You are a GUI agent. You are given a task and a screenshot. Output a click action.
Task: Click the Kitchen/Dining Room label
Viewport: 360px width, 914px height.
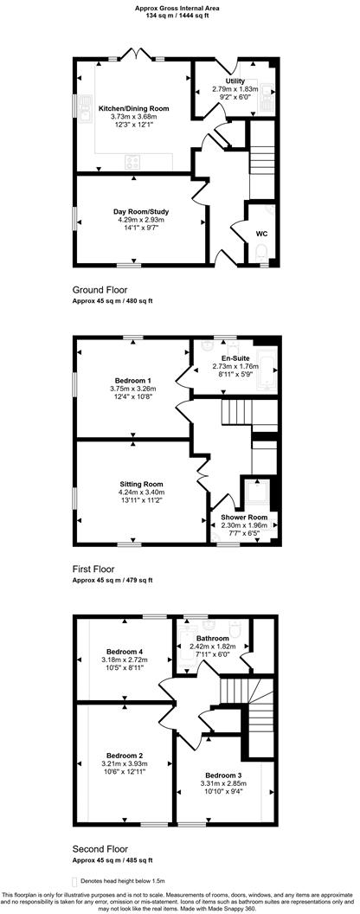click(133, 108)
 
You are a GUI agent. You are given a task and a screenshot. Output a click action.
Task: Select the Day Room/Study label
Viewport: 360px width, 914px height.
click(140, 211)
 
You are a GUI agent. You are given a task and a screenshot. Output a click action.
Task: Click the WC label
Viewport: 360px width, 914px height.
click(261, 233)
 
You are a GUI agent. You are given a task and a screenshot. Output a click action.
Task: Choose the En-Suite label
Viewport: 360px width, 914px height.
click(235, 357)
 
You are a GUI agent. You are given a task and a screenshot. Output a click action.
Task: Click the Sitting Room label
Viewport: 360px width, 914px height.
click(140, 484)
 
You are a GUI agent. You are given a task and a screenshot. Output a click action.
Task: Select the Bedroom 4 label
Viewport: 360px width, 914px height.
click(124, 651)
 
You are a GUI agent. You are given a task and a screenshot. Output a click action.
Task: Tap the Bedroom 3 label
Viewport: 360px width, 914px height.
click(223, 775)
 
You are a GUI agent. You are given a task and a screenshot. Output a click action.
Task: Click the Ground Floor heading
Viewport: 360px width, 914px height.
click(100, 291)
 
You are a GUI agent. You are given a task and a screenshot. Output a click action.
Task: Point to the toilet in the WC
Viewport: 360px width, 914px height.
click(262, 252)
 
